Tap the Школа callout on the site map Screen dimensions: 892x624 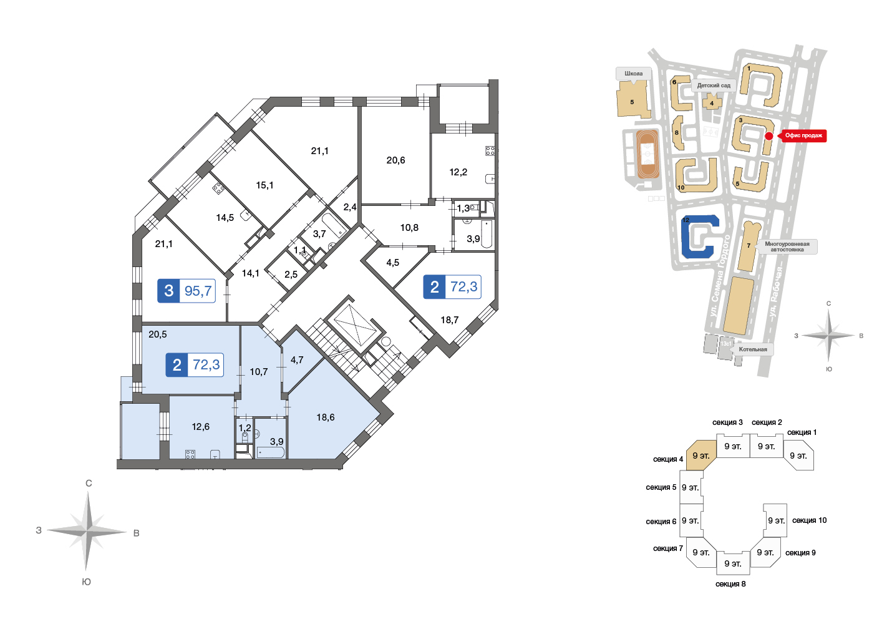tap(633, 74)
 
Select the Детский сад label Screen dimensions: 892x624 tap(714, 85)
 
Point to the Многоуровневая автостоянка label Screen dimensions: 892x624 tap(787, 246)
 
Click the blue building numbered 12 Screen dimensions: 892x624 tap(699, 236)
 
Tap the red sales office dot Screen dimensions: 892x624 tap(769, 136)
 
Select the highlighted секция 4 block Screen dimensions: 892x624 tap(701, 456)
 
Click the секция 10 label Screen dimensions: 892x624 tap(809, 520)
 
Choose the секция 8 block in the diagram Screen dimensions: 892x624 tap(733, 563)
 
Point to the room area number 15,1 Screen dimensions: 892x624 tap(264, 185)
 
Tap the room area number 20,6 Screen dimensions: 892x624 tap(395, 160)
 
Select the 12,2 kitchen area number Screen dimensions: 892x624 tap(458, 172)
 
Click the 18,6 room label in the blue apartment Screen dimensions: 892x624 tap(326, 417)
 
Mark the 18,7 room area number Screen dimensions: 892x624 tap(449, 320)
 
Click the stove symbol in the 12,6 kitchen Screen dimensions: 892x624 tap(190, 454)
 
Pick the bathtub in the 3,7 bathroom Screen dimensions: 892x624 tap(334, 224)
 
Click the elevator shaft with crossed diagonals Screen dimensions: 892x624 tap(355, 324)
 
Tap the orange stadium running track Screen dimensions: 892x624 tap(647, 154)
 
